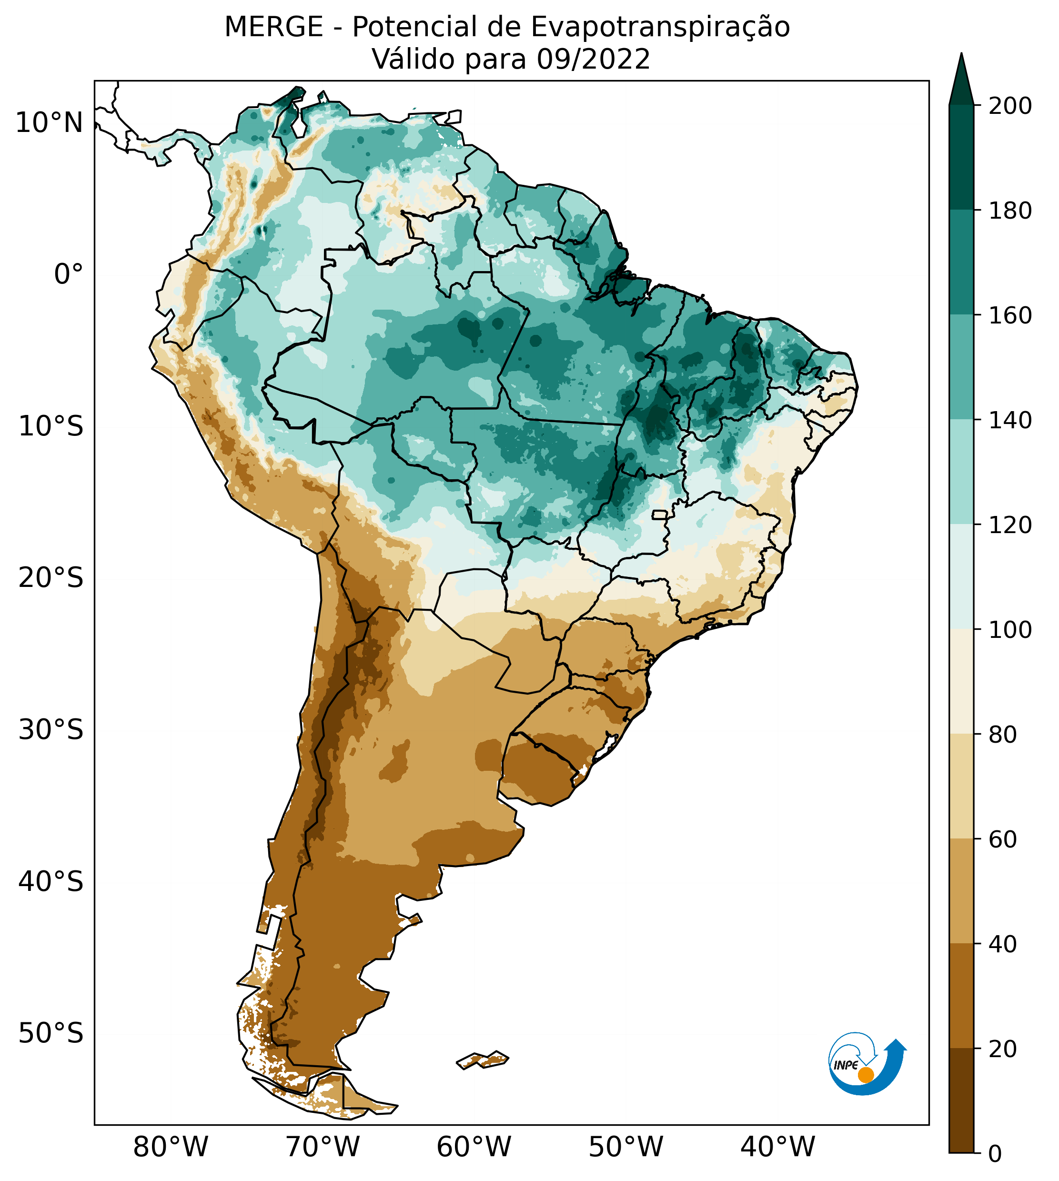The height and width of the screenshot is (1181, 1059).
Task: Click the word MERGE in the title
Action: [273, 27]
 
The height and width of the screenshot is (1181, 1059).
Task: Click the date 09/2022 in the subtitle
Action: [593, 60]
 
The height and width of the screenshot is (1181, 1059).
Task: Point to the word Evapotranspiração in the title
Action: [660, 27]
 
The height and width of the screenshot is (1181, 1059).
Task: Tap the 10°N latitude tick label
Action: [49, 123]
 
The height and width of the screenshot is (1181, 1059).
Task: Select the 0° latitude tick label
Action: [69, 274]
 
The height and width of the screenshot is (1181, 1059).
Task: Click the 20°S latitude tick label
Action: [50, 578]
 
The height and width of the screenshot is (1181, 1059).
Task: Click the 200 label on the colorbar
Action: [1010, 106]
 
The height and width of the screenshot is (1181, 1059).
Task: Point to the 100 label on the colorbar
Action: [1010, 629]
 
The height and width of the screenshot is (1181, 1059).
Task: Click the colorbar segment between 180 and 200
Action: [961, 158]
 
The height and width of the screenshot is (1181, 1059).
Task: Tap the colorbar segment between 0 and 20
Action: [961, 1100]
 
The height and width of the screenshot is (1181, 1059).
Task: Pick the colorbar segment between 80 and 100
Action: [961, 681]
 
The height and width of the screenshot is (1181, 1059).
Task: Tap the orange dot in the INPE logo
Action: [866, 1075]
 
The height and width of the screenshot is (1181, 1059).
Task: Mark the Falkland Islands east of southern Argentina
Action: [483, 1060]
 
